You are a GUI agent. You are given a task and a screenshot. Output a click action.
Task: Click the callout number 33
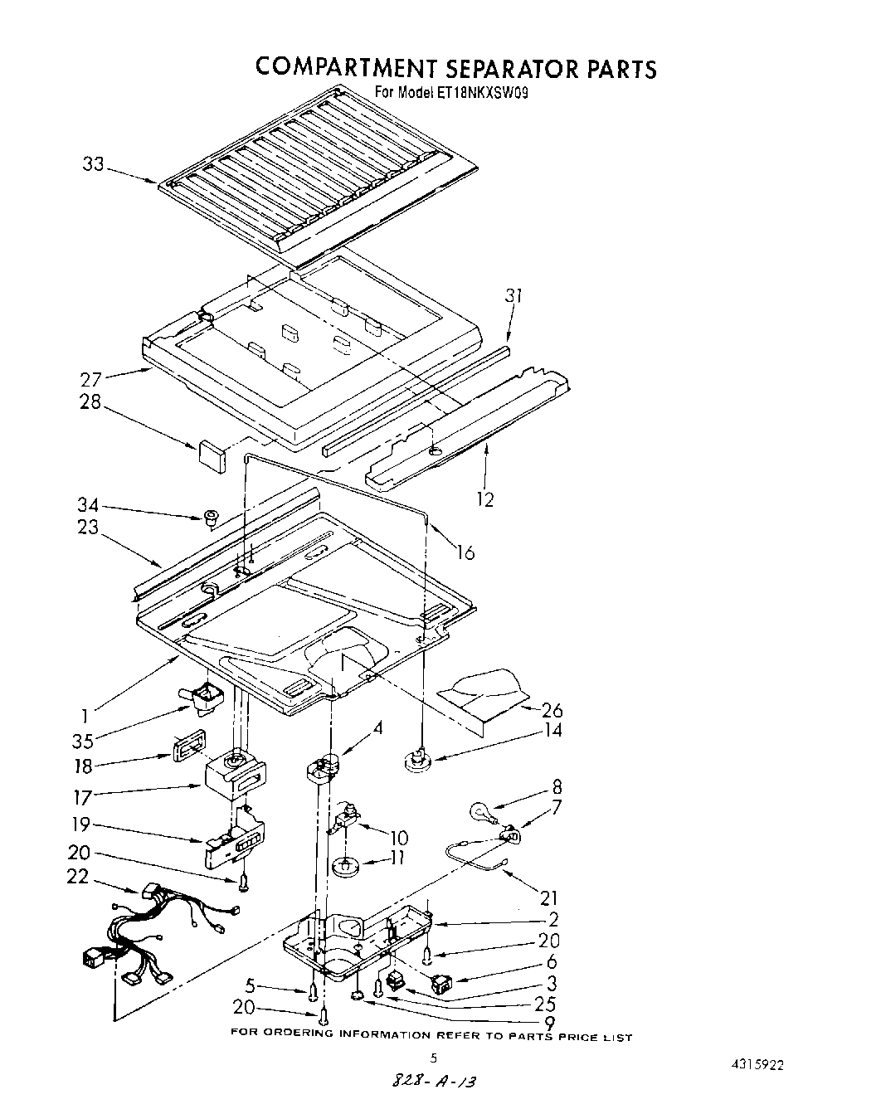tap(93, 164)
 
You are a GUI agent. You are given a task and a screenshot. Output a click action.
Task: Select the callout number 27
tap(91, 380)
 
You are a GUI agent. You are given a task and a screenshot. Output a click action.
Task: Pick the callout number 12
tap(485, 499)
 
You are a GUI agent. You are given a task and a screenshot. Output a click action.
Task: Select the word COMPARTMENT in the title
tap(352, 67)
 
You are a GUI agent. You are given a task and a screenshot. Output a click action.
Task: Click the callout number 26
tap(552, 710)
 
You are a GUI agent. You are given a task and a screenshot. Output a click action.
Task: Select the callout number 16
tap(465, 552)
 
